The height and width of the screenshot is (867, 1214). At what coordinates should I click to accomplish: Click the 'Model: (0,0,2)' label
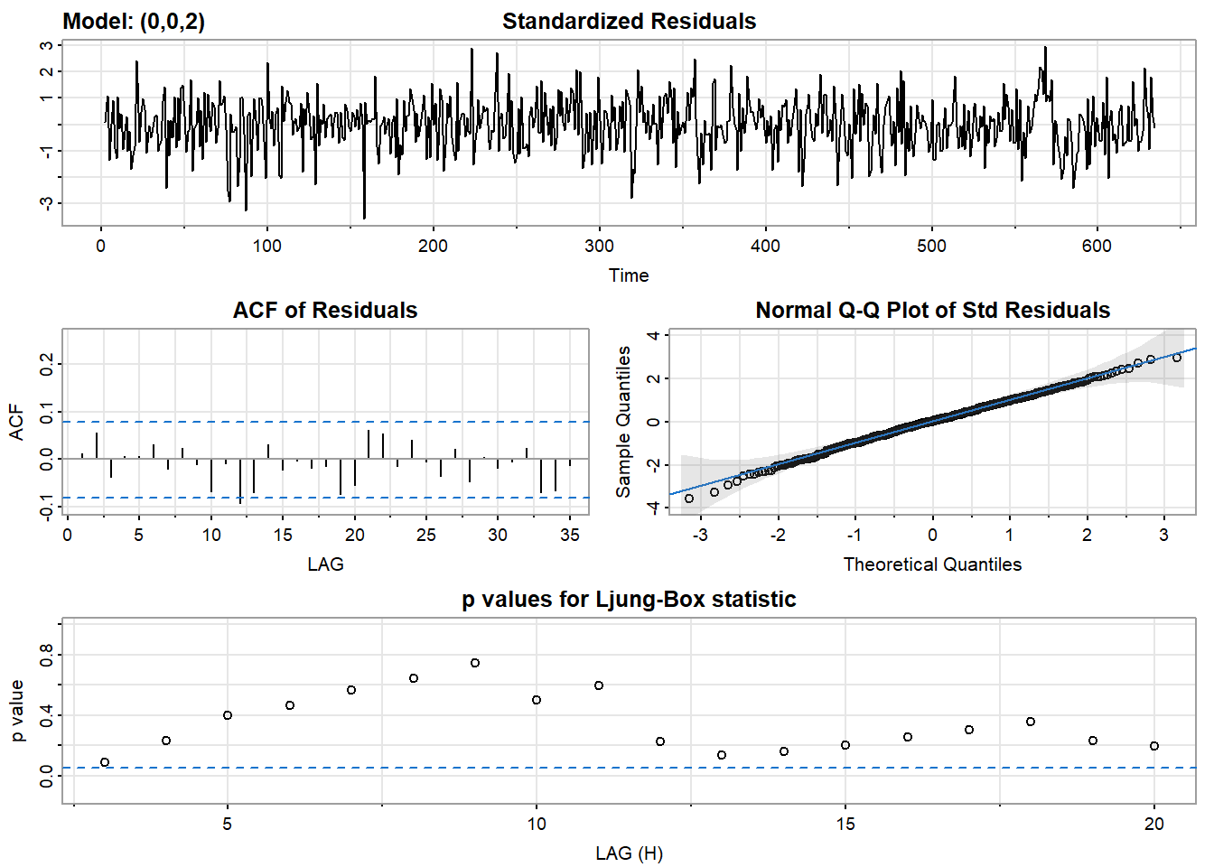(134, 22)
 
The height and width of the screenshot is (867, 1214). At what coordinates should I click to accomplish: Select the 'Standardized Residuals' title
(629, 22)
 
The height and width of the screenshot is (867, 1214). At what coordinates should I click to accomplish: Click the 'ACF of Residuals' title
(325, 311)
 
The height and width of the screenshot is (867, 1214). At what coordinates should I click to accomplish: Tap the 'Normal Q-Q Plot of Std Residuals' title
(932, 311)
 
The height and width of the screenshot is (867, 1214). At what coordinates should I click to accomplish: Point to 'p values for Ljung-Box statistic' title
(629, 600)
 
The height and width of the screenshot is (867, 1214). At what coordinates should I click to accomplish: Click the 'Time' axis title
(629, 275)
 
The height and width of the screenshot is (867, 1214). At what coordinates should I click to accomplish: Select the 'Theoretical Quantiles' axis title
(932, 564)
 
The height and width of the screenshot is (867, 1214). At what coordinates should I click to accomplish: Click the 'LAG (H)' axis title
(629, 853)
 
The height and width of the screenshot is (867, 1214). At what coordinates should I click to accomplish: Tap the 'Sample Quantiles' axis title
(623, 422)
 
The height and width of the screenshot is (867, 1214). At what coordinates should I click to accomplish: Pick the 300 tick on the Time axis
(599, 246)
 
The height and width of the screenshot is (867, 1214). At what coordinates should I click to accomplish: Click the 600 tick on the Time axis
(1097, 246)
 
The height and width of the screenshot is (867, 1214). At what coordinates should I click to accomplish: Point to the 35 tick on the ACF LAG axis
(570, 535)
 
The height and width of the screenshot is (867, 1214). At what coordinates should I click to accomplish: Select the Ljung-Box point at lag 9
(475, 663)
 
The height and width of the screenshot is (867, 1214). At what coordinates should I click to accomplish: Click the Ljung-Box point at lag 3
(105, 762)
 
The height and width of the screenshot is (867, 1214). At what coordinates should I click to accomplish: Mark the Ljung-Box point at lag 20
(1154, 746)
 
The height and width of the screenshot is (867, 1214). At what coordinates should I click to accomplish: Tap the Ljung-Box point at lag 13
(722, 755)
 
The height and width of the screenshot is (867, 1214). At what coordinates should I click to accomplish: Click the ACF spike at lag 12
(240, 480)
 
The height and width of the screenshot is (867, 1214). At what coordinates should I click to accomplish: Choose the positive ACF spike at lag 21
(369, 444)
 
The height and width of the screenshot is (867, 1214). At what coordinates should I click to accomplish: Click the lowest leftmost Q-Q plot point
(689, 499)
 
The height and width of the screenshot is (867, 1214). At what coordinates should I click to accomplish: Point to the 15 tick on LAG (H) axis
(845, 824)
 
